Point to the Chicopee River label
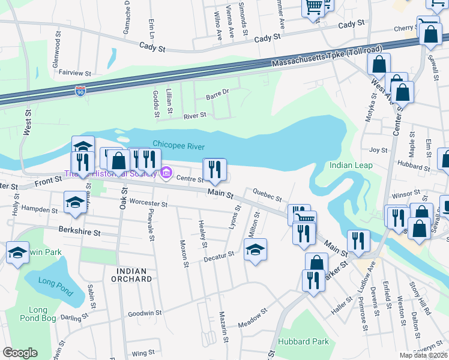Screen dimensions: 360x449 click(x=179, y=146)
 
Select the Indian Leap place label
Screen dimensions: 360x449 click(x=351, y=165)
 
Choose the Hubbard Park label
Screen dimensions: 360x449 click(x=304, y=341)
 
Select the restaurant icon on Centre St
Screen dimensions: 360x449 click(x=215, y=170)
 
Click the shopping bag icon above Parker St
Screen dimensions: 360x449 click(x=316, y=263)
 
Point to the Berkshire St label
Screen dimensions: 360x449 click(x=77, y=229)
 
